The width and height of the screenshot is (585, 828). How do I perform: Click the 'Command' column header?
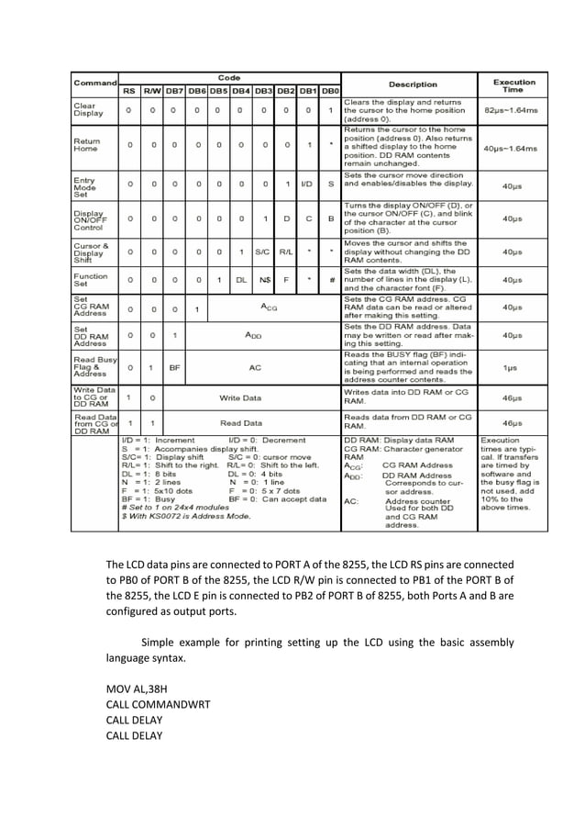click(95, 84)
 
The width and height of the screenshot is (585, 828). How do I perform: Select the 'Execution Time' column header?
click(514, 84)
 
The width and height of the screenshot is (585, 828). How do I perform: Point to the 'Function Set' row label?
click(91, 278)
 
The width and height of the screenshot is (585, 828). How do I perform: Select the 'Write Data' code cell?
click(239, 397)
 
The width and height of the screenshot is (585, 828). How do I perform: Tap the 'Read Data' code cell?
click(239, 423)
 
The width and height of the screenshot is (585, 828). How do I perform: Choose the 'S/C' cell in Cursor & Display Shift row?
click(264, 251)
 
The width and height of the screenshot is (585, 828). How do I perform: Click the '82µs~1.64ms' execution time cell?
click(514, 110)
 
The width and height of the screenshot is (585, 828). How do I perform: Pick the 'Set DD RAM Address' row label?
click(90, 337)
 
